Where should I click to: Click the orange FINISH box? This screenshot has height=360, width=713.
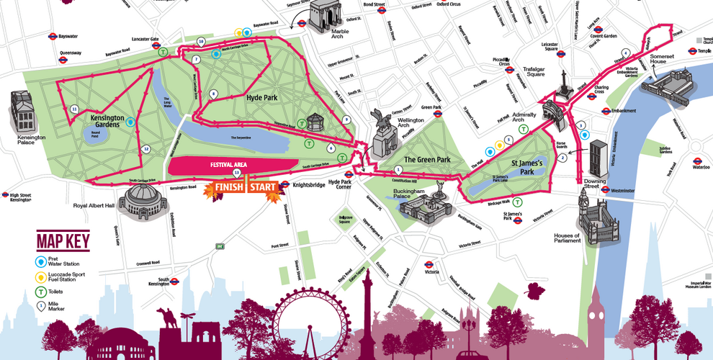coord(225,188)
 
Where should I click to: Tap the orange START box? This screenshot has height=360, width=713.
coord(264,188)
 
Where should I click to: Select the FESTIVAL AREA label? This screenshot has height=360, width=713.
coord(229,165)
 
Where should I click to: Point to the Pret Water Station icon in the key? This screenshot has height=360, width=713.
coord(41,261)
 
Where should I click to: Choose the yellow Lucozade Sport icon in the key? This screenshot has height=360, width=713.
coord(41,276)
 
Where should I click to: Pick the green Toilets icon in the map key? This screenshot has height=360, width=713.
coord(41,292)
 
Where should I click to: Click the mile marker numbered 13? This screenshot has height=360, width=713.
coord(236,174)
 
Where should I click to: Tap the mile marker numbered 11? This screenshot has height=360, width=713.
coord(75,109)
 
